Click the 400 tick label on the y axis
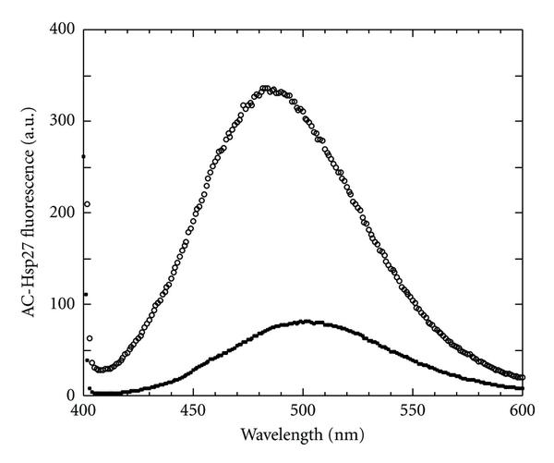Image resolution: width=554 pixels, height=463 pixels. click(62, 30)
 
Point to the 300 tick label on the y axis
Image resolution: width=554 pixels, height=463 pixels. click(62, 121)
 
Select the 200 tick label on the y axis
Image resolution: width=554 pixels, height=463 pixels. click(62, 213)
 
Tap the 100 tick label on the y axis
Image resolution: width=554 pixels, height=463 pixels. click(62, 304)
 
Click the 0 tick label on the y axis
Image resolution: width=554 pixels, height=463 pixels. click(69, 396)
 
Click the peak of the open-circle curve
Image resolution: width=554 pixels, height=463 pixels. click(265, 88)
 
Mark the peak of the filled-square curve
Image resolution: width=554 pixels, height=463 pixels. click(306, 322)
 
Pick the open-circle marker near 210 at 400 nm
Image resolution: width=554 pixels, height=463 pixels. click(87, 204)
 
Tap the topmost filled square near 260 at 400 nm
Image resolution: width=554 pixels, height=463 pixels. click(83, 156)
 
